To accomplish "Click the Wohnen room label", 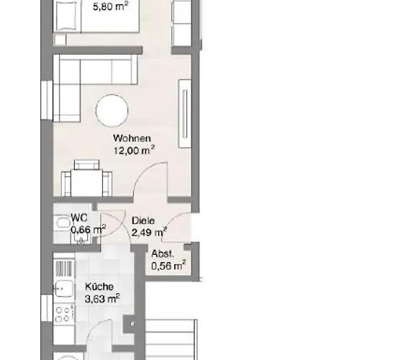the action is [x=132, y=138].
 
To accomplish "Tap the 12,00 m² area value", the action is [x=134, y=150].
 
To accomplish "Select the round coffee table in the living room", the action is [x=112, y=110].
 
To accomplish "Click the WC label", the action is [x=79, y=217].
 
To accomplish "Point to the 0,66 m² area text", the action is [x=89, y=230].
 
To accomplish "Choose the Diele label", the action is [x=143, y=220].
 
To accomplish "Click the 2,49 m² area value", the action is [x=149, y=233].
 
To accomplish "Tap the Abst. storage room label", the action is [x=163, y=254].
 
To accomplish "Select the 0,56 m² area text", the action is [x=168, y=266].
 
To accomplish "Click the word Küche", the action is [x=99, y=287].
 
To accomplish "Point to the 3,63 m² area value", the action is [x=102, y=299].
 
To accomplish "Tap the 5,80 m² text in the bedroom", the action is [x=111, y=6].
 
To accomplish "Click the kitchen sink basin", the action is [x=64, y=288].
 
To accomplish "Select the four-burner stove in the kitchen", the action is [x=64, y=314].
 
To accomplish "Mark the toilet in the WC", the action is [x=63, y=222].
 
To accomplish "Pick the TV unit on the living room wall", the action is [x=185, y=113].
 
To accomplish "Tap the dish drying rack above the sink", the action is [x=64, y=269].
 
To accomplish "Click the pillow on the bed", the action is [x=66, y=16].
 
